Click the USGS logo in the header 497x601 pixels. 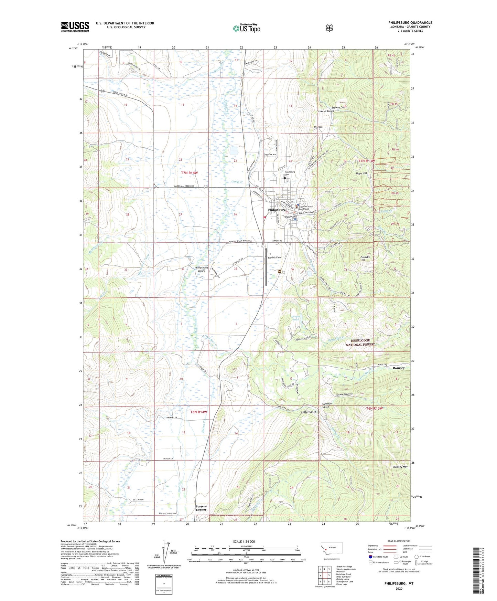75,27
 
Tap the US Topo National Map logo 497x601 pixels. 246,28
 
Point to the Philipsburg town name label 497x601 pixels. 277,210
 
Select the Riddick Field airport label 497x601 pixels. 275,257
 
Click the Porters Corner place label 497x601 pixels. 201,508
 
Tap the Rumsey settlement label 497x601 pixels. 398,368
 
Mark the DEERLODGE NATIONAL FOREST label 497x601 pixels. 360,342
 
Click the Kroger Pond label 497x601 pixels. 296,318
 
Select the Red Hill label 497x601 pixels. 318,127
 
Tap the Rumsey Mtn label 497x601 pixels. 400,467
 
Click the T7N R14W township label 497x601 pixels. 189,173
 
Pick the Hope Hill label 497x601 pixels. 361,173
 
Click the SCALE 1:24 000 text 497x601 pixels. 244,541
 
